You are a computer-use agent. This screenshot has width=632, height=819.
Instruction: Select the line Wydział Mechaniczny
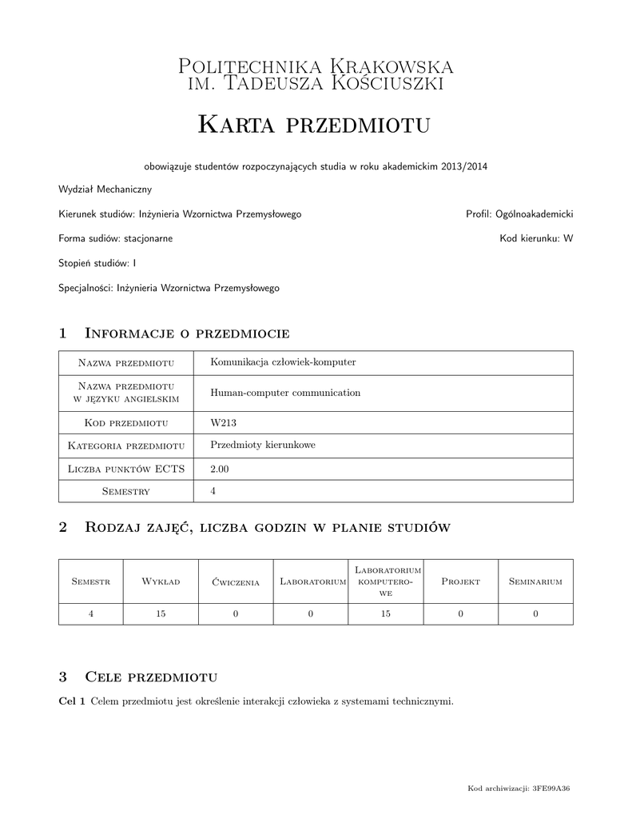(x=105, y=190)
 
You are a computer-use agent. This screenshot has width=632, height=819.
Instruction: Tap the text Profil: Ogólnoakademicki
(x=519, y=214)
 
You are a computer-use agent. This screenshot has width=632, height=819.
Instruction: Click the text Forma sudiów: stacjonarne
(x=115, y=238)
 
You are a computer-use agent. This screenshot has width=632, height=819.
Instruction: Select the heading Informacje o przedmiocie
(x=186, y=333)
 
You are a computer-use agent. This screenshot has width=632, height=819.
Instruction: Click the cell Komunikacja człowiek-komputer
(x=282, y=362)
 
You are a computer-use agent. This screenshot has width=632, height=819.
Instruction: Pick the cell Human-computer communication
(x=285, y=393)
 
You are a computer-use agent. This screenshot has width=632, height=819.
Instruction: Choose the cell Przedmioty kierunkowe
(x=262, y=445)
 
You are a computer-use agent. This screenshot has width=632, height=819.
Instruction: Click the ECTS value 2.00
(x=219, y=469)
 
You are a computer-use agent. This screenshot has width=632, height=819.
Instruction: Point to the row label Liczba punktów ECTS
(x=126, y=469)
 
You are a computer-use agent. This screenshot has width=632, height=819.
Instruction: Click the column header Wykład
(x=161, y=581)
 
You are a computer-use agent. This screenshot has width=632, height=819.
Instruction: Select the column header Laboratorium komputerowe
(x=385, y=581)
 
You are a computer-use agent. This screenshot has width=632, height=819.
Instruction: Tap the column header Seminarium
(x=535, y=581)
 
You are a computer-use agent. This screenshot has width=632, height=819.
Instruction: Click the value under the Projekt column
(x=460, y=613)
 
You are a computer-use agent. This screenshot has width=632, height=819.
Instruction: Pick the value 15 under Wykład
(x=161, y=613)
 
